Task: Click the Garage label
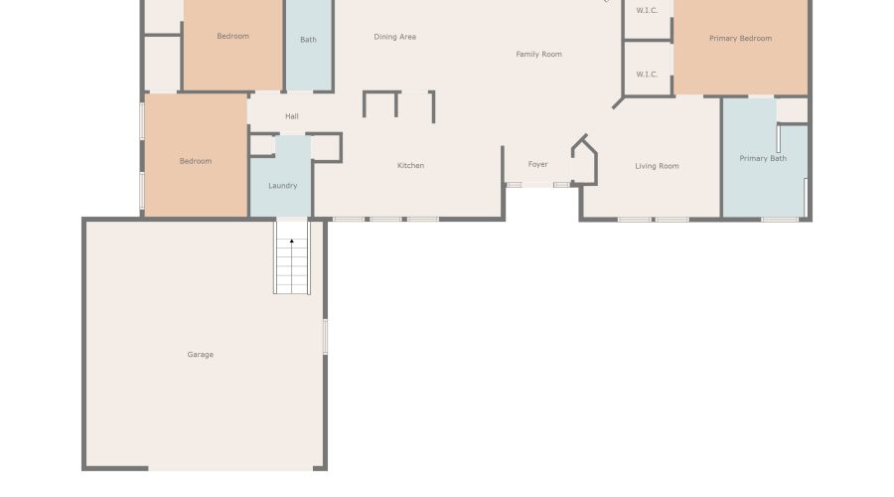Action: point(201,355)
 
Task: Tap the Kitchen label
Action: point(411,166)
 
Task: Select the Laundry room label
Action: point(283,186)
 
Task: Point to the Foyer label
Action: point(537,165)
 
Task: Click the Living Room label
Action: point(657,166)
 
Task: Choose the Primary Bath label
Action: point(763,159)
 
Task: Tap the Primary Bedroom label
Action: point(740,39)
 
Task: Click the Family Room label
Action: point(538,55)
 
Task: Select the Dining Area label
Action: point(394,38)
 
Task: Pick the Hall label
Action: point(292,117)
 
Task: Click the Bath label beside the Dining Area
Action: point(308,41)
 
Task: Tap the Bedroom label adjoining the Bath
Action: point(233,37)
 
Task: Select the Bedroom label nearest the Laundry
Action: point(196,161)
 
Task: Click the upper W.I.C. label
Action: point(647,11)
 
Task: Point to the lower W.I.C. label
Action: point(647,75)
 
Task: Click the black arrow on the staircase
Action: point(292,241)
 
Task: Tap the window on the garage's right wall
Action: point(326,336)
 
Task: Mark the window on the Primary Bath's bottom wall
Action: point(780,219)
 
